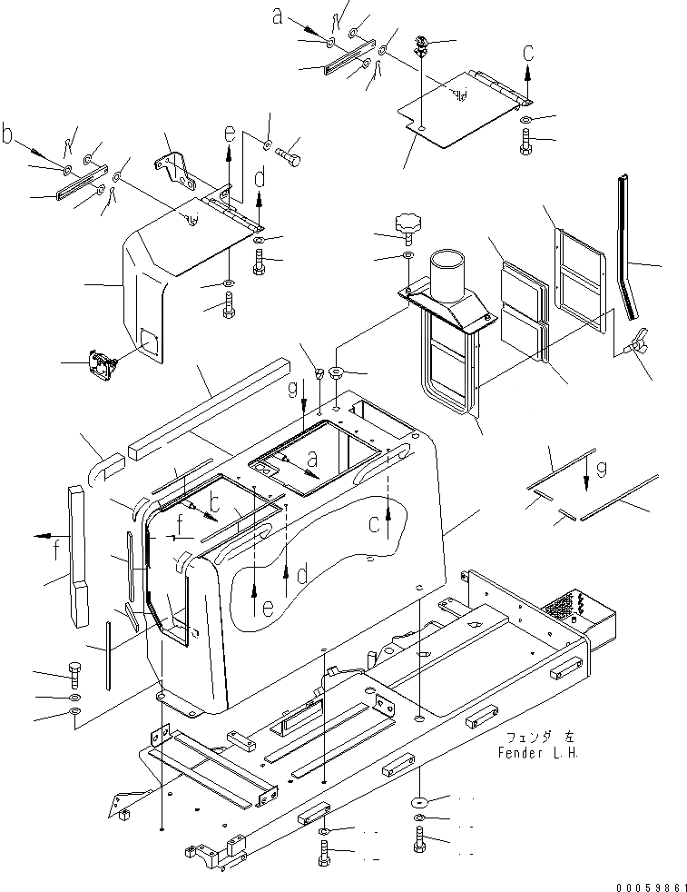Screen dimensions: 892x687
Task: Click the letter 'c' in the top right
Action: click(x=528, y=54)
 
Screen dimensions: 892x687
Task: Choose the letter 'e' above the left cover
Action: click(x=231, y=137)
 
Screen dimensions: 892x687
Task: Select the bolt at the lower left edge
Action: click(x=74, y=676)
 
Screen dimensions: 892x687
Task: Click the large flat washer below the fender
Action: click(x=420, y=800)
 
